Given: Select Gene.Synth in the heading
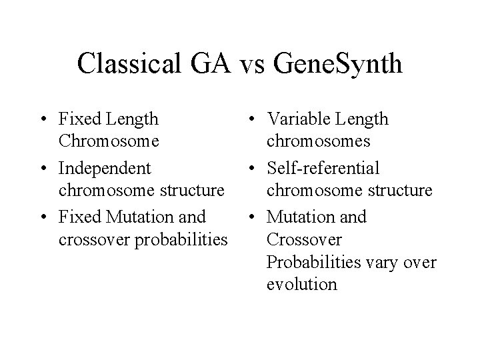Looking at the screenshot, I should [x=339, y=63].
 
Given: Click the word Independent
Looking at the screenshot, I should [x=105, y=167].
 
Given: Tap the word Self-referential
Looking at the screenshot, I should [x=323, y=167].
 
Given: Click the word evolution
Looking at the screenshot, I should [x=301, y=284].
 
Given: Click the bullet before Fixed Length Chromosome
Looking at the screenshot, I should [x=43, y=120].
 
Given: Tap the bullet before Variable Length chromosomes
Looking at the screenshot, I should [x=251, y=120].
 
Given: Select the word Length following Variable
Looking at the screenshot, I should [x=363, y=119].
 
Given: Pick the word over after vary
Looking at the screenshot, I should [x=421, y=262].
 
